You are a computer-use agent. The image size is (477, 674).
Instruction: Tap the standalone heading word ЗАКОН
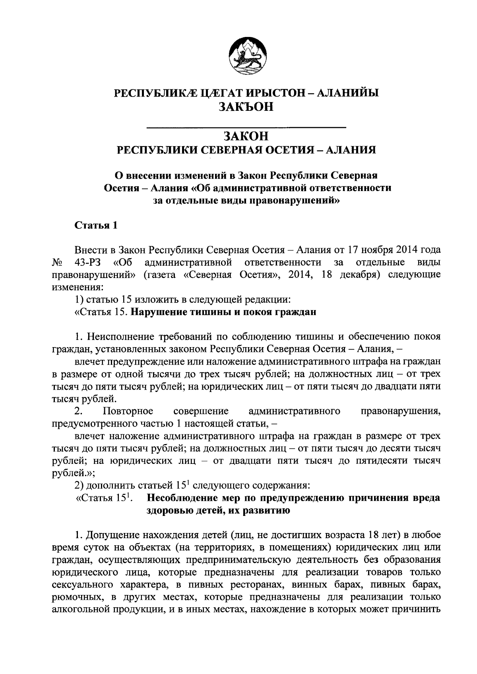(x=246, y=136)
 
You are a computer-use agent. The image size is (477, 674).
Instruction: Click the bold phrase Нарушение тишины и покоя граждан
(x=223, y=312)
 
